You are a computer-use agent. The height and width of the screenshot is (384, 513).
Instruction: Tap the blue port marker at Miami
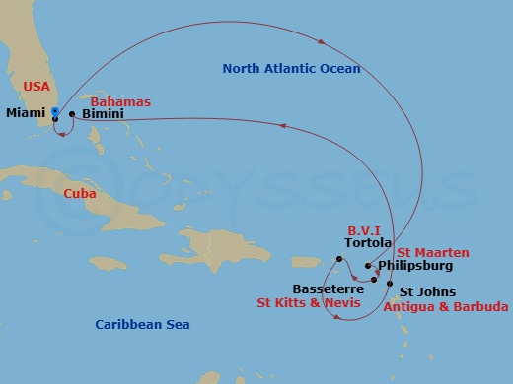pos(55,111)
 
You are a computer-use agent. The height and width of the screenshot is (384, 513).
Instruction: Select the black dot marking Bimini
pos(72,115)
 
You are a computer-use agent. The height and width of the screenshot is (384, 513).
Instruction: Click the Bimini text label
pos(104,115)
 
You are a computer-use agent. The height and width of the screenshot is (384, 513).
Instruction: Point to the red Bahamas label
pos(120,101)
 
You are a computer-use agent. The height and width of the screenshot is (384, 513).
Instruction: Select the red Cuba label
pos(79,194)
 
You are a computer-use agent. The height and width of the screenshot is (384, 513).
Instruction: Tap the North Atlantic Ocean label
pos(291,69)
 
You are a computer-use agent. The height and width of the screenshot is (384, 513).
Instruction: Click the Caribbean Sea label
pos(142,324)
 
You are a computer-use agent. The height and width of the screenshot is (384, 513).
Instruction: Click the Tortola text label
pos(368,242)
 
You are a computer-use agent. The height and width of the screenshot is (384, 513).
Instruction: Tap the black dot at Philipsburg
pos(368,266)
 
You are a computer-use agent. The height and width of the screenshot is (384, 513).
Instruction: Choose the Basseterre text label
pos(328,289)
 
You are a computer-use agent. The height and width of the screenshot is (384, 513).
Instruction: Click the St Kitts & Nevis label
pos(307,305)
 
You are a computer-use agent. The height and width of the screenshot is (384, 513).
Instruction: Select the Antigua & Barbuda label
pos(446,307)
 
